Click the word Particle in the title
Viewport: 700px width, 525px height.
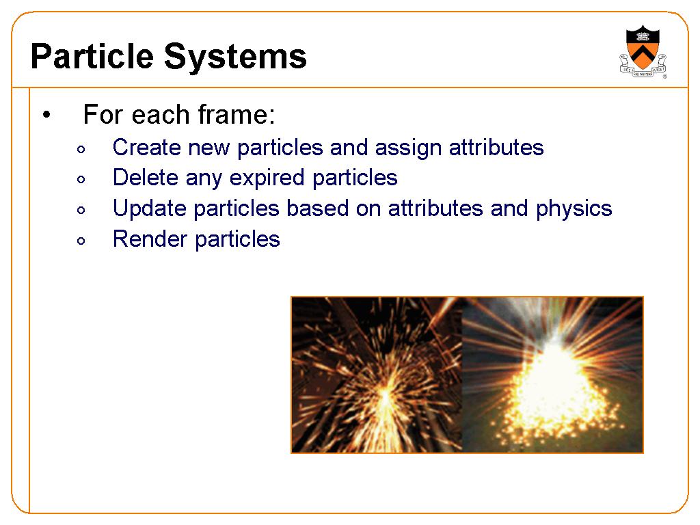tap(92, 56)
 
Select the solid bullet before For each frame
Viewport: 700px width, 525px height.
tap(46, 115)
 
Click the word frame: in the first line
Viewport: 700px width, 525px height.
tap(237, 114)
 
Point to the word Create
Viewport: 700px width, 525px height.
tap(146, 147)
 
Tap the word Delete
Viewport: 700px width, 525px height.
tap(146, 177)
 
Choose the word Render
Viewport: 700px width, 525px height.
tap(150, 239)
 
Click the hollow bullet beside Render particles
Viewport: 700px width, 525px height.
tap(81, 241)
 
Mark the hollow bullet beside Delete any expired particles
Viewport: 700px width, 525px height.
tap(81, 180)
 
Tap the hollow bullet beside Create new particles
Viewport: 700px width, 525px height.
tap(81, 149)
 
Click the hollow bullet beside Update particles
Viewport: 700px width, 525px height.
tap(81, 210)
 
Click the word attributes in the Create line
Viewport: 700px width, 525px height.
tap(496, 147)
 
